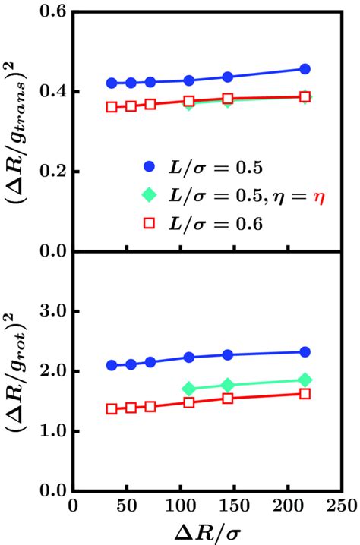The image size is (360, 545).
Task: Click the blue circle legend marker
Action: (150, 163)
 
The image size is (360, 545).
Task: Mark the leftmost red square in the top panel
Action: (112, 107)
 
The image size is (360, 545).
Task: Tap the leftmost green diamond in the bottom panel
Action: (189, 389)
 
